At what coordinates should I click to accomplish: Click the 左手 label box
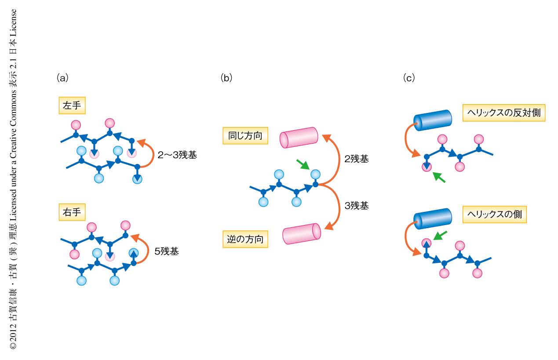click(72, 105)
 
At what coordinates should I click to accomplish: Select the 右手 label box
click(72, 212)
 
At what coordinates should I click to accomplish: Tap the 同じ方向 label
click(245, 135)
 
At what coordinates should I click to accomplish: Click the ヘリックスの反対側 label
click(503, 113)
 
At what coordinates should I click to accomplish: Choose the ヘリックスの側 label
click(494, 214)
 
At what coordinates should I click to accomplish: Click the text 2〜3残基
click(177, 155)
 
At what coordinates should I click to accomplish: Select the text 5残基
click(167, 252)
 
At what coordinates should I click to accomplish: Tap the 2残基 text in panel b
click(357, 159)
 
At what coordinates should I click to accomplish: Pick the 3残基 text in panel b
click(357, 205)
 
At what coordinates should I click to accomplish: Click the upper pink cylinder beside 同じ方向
click(299, 138)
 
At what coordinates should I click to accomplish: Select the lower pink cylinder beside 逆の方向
click(302, 234)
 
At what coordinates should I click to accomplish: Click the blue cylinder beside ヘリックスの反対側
click(433, 120)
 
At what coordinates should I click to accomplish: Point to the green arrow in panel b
click(303, 164)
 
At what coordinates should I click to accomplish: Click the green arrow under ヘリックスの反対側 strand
click(439, 177)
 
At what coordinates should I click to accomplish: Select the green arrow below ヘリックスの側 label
click(440, 236)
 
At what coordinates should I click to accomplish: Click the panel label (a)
click(62, 78)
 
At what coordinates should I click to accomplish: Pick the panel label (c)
click(408, 78)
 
